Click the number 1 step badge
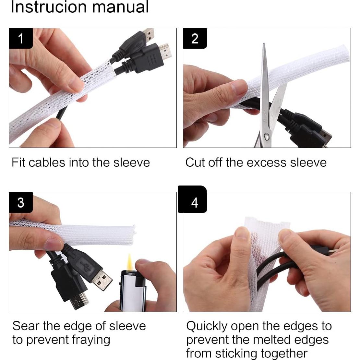pos(21,38)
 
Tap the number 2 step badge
pos(195,38)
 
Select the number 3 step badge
pos(21,202)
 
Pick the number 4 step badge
pos(192,199)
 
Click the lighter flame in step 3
pos(130,262)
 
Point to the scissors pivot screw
pos(267,137)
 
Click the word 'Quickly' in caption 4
pos(207,326)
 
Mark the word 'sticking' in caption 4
pos(239,354)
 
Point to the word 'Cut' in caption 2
pos(195,162)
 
